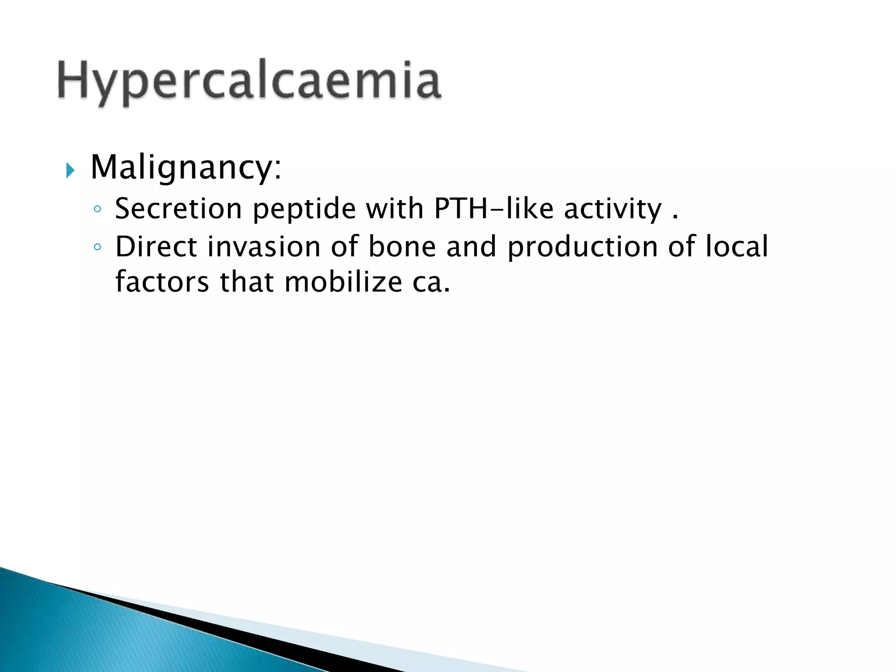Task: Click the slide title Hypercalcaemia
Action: pos(249,81)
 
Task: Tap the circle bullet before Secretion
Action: pos(98,210)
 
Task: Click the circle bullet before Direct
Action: pos(98,248)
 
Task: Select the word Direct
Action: pos(156,247)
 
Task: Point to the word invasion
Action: pos(264,247)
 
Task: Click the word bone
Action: pos(402,247)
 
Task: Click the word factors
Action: pos(162,282)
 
